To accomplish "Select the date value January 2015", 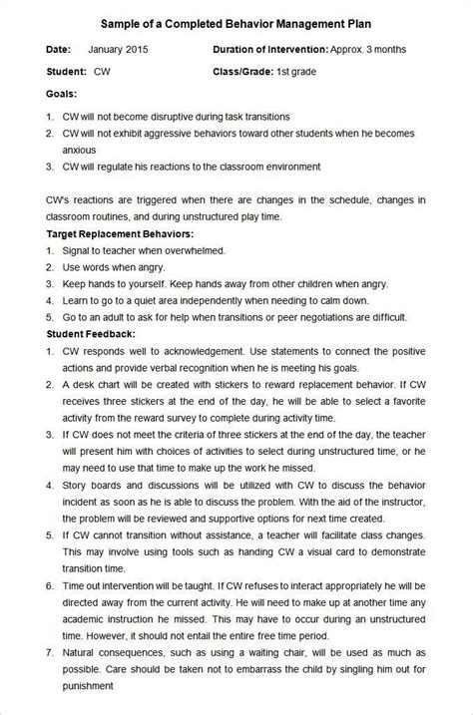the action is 121,48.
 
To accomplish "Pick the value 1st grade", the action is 298,72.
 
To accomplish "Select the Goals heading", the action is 63,96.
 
